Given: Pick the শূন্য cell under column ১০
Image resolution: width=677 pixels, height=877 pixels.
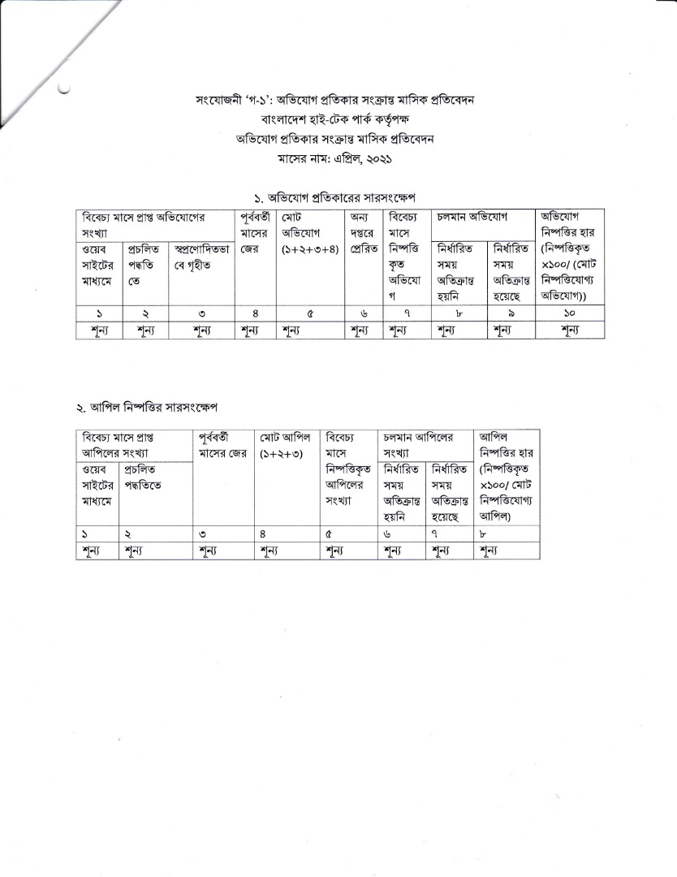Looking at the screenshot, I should (570, 330).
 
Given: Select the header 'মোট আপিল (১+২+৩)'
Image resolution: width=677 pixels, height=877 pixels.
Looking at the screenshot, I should (287, 444).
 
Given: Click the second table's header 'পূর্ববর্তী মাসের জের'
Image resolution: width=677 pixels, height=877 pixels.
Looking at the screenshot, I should (223, 444).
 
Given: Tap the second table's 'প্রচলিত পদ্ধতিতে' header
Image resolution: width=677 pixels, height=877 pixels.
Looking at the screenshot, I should (155, 477).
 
